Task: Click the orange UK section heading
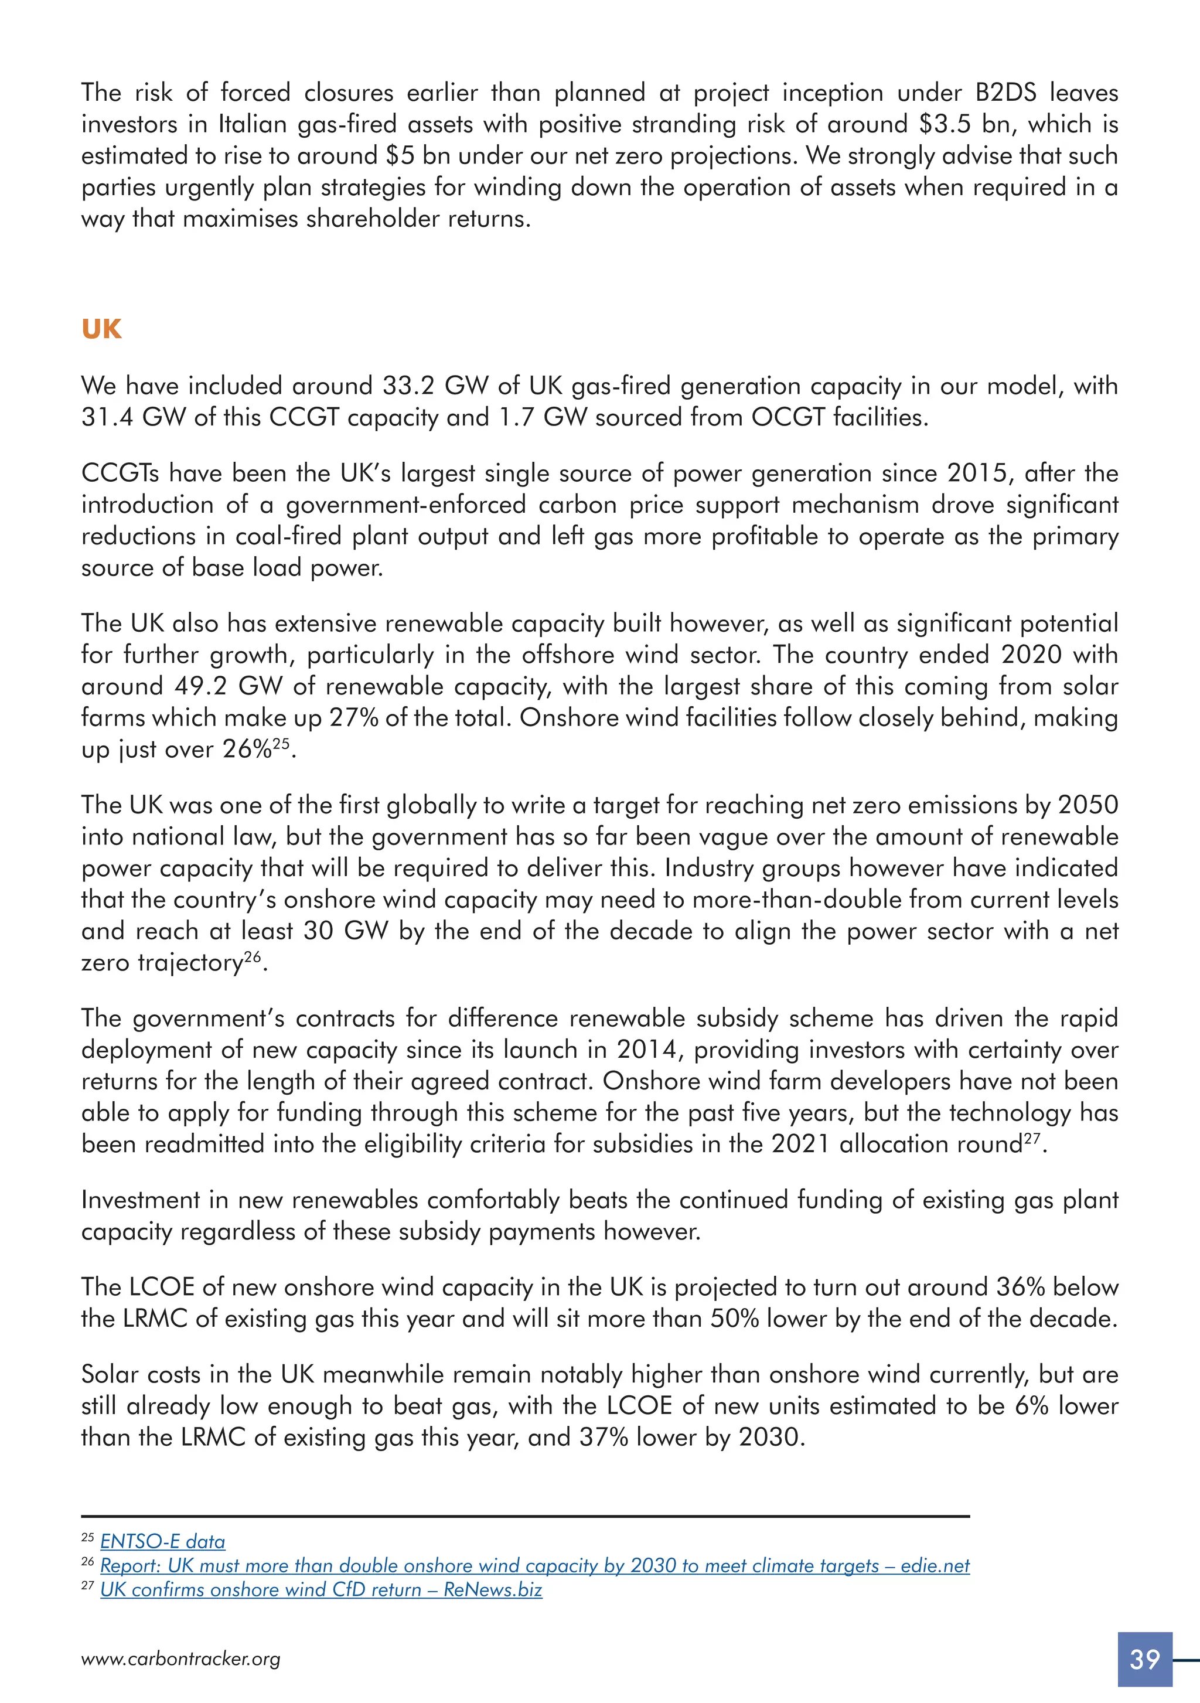tap(101, 329)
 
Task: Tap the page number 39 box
tap(1144, 1658)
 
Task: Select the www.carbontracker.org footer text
tap(180, 1658)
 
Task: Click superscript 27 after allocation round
tap(1032, 1138)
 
